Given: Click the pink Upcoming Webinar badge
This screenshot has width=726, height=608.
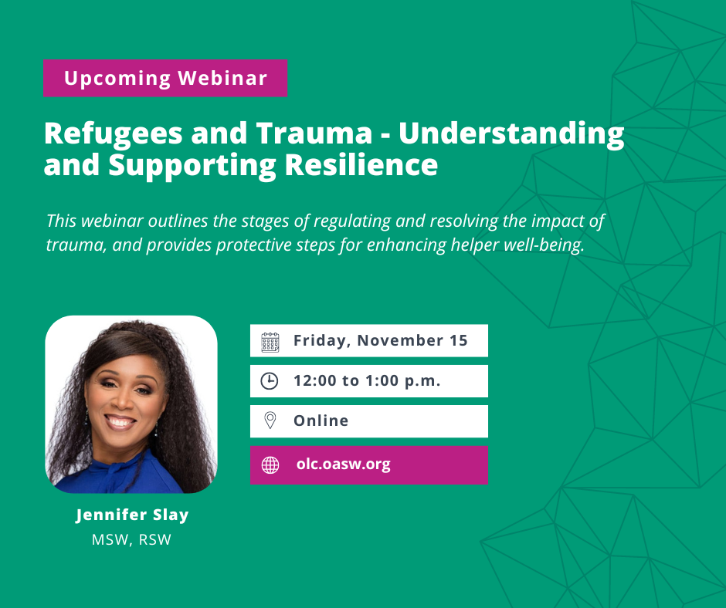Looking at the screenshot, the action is click(165, 78).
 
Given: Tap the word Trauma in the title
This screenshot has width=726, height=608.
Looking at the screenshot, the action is click(314, 133).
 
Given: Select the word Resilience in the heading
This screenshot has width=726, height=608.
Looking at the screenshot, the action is click(361, 164).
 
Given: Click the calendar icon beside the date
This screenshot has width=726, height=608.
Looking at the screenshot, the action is click(270, 342).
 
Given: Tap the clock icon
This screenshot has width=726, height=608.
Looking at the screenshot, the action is click(270, 381).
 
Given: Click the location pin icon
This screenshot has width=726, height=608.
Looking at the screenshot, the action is click(270, 421).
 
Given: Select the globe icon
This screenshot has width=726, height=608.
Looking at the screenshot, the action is click(270, 465).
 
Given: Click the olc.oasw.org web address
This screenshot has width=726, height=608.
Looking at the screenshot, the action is click(344, 464).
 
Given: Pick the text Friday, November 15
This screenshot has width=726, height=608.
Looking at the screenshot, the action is click(381, 340).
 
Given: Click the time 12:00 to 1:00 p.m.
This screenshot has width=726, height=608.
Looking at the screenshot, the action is click(367, 381).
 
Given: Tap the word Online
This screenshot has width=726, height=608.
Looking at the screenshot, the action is click(321, 421).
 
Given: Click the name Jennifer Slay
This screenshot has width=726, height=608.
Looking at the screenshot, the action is click(132, 515).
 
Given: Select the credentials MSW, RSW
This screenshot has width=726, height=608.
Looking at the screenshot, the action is click(131, 539).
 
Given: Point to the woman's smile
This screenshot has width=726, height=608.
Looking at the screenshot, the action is click(120, 422).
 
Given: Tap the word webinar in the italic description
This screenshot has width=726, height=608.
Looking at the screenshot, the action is click(113, 221).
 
